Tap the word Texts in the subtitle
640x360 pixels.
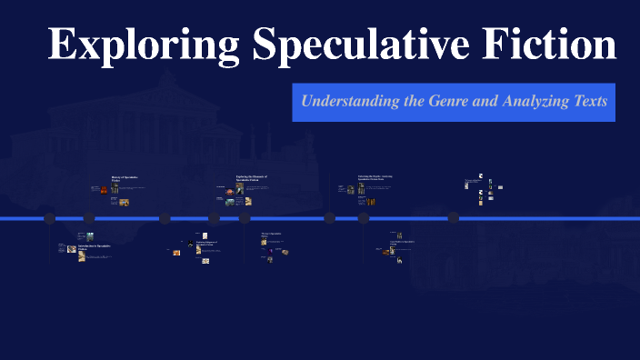(x=589, y=101)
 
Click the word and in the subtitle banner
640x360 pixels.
(x=485, y=101)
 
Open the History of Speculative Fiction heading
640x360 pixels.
(x=125, y=179)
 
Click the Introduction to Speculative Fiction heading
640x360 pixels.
(x=95, y=247)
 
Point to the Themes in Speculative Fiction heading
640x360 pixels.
(x=275, y=235)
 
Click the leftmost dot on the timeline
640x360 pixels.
(x=50, y=218)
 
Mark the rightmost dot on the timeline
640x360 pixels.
(x=453, y=218)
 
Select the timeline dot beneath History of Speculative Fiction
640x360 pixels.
(x=89, y=218)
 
